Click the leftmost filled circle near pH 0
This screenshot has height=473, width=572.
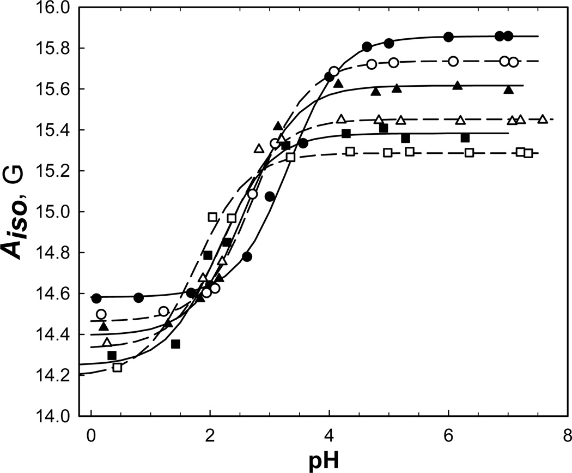(97, 298)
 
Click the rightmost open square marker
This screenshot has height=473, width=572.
(528, 153)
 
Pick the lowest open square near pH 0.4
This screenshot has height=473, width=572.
(117, 367)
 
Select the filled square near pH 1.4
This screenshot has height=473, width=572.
(175, 344)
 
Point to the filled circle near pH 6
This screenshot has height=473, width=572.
(448, 37)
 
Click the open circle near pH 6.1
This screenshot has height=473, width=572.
(453, 61)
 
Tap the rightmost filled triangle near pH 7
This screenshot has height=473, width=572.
(508, 89)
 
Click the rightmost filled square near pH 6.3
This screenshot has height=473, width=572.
(465, 138)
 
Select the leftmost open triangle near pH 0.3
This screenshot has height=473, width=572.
(107, 343)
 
